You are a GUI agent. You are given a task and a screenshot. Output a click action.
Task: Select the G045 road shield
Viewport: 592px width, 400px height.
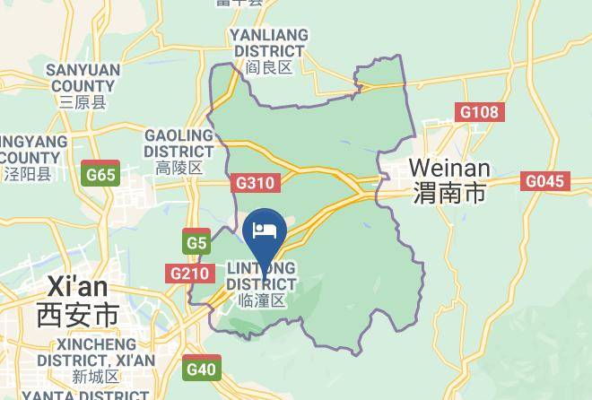tap(544, 182)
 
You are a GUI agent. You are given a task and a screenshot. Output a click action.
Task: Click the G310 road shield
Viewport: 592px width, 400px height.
tap(256, 183)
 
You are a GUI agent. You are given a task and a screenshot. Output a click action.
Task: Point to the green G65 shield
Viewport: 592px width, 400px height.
tap(100, 174)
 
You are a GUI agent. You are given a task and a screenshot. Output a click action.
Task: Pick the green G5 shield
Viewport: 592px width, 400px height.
tap(197, 243)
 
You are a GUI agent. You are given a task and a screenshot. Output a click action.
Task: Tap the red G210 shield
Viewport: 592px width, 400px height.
tap(190, 274)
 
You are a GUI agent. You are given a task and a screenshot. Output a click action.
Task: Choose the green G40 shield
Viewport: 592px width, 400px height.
tap(202, 369)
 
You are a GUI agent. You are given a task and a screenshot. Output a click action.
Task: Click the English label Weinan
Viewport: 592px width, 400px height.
tap(449, 169)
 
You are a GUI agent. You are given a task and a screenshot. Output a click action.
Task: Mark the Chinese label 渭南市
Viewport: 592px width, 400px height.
tap(449, 193)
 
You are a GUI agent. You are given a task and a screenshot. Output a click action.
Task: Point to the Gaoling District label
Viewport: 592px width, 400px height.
tap(178, 143)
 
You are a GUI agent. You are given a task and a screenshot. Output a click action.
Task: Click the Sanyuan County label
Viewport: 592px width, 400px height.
tap(83, 77)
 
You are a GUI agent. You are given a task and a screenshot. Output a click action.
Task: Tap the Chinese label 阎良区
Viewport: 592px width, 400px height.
tap(268, 67)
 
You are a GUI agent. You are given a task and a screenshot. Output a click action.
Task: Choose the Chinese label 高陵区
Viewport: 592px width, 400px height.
tap(178, 168)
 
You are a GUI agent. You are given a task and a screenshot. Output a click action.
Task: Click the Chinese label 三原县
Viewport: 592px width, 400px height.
tap(83, 102)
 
